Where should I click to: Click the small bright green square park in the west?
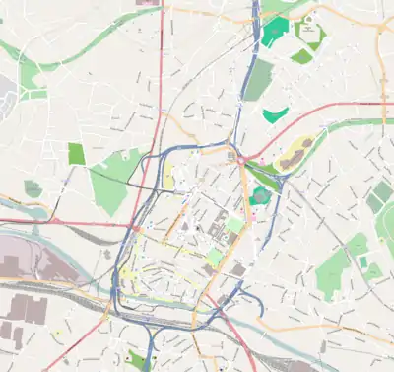77,153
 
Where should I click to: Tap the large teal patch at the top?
272,31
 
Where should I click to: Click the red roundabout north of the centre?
239,158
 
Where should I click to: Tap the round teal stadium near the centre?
260,195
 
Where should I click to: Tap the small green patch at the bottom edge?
135,359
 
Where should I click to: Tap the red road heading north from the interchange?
160,79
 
